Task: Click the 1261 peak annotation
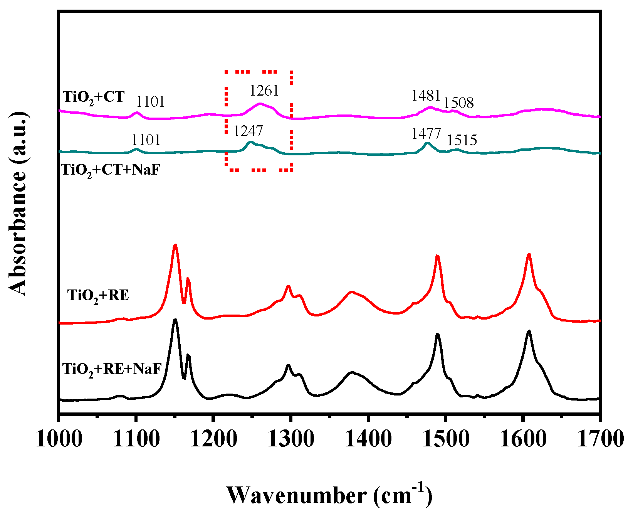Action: [264, 91]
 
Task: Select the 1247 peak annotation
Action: [248, 131]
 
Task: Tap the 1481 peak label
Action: [426, 95]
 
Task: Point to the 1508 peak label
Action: [458, 103]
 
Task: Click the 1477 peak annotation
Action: [426, 134]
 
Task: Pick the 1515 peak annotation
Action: [462, 140]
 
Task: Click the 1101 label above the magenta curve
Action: [150, 102]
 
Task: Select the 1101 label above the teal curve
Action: [146, 140]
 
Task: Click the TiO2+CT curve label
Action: [94, 97]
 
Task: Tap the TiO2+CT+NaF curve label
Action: [111, 170]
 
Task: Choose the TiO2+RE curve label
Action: [98, 296]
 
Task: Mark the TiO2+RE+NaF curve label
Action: [112, 369]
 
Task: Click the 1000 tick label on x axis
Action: [59, 439]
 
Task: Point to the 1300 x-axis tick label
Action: [291, 439]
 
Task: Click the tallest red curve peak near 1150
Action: [175, 245]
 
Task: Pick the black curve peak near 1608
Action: [529, 331]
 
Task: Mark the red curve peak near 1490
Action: [437, 256]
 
